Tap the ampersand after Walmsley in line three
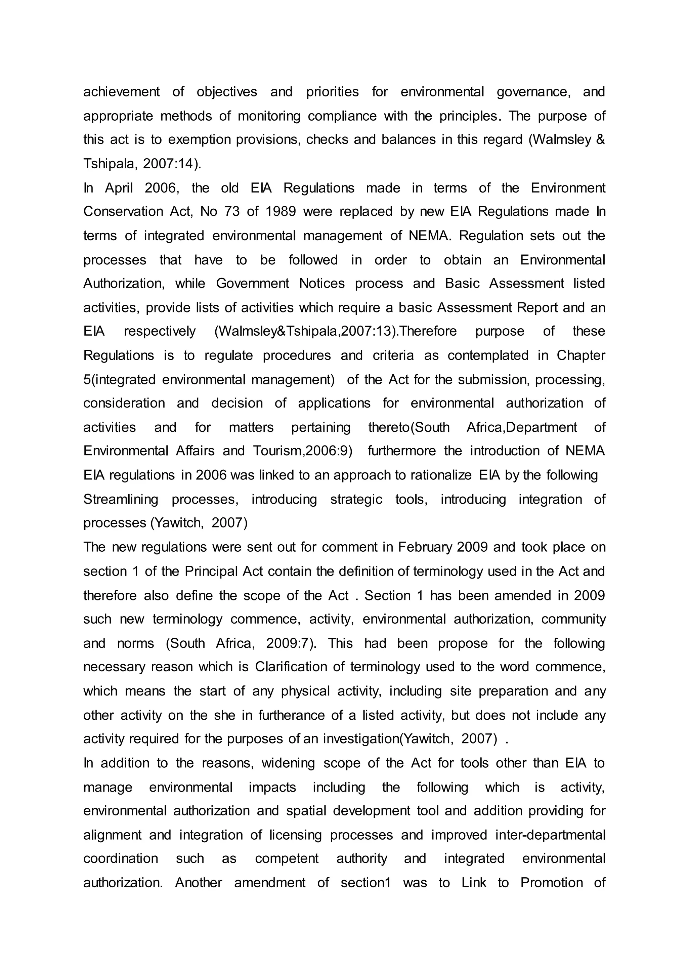(x=600, y=140)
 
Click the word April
(x=119, y=188)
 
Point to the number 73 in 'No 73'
(x=232, y=211)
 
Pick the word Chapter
(x=581, y=355)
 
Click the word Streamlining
(x=121, y=499)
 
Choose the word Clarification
(x=294, y=667)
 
